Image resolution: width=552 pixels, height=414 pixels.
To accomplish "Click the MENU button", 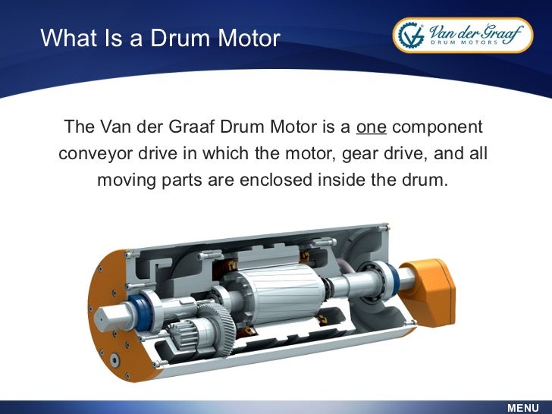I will (522, 407).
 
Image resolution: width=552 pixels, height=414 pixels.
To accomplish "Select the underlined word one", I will (372, 126).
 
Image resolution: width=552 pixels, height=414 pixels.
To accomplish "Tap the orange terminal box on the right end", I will (433, 283).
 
